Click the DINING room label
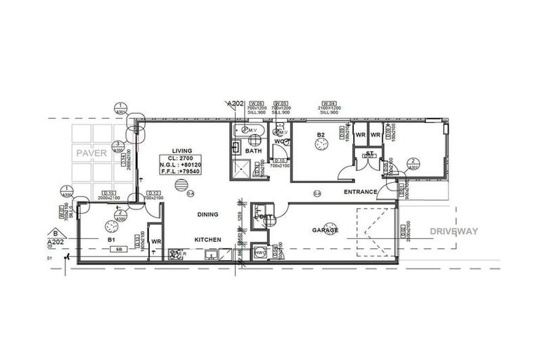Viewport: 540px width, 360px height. [x=207, y=214]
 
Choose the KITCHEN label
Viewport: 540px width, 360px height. [x=208, y=240]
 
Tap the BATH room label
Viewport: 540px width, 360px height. [x=253, y=151]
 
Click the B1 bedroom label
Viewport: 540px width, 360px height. [x=111, y=240]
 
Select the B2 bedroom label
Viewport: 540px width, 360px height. [x=321, y=135]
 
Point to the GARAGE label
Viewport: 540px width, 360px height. [x=326, y=230]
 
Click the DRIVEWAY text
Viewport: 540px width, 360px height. [x=454, y=231]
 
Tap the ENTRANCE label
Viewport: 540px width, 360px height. [x=360, y=191]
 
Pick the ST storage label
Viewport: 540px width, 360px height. [x=369, y=153]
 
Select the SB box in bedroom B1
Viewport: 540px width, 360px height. [x=121, y=249]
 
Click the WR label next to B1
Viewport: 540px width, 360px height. [x=156, y=240]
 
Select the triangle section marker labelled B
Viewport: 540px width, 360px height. [x=54, y=233]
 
